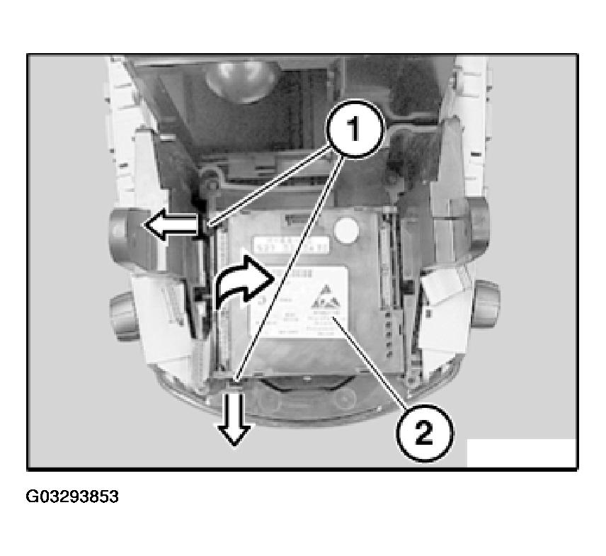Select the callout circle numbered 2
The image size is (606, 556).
(x=423, y=431)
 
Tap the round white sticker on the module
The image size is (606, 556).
(x=346, y=230)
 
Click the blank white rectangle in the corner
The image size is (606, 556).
(x=521, y=453)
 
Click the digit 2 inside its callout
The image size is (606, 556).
(x=423, y=432)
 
